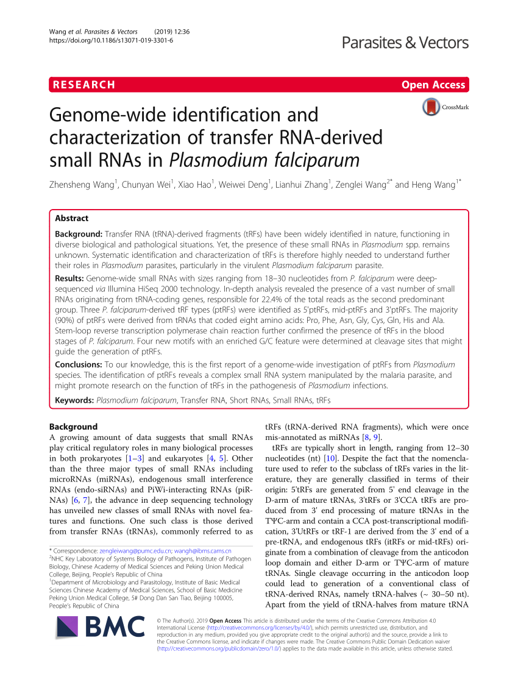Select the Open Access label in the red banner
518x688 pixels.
point(433,85)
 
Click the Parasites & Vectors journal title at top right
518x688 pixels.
point(405,42)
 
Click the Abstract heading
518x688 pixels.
point(71,218)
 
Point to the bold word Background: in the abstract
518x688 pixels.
point(79,234)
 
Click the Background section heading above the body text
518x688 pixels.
point(73,427)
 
